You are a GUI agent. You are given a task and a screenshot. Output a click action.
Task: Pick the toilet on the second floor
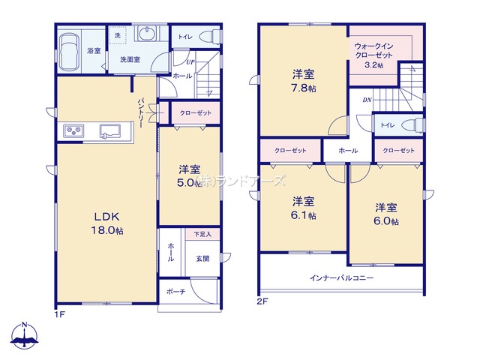(x=409, y=124)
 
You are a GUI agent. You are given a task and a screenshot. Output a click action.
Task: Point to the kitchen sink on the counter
(x=109, y=132)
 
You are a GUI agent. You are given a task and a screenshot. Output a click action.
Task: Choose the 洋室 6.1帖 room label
(x=303, y=208)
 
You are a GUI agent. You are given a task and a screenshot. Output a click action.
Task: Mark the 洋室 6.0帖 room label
(x=387, y=214)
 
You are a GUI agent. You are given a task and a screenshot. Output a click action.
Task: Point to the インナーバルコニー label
(x=342, y=278)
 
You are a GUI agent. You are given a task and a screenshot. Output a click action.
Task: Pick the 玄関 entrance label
(x=202, y=258)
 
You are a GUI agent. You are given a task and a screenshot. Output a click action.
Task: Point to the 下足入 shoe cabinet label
(x=202, y=235)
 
